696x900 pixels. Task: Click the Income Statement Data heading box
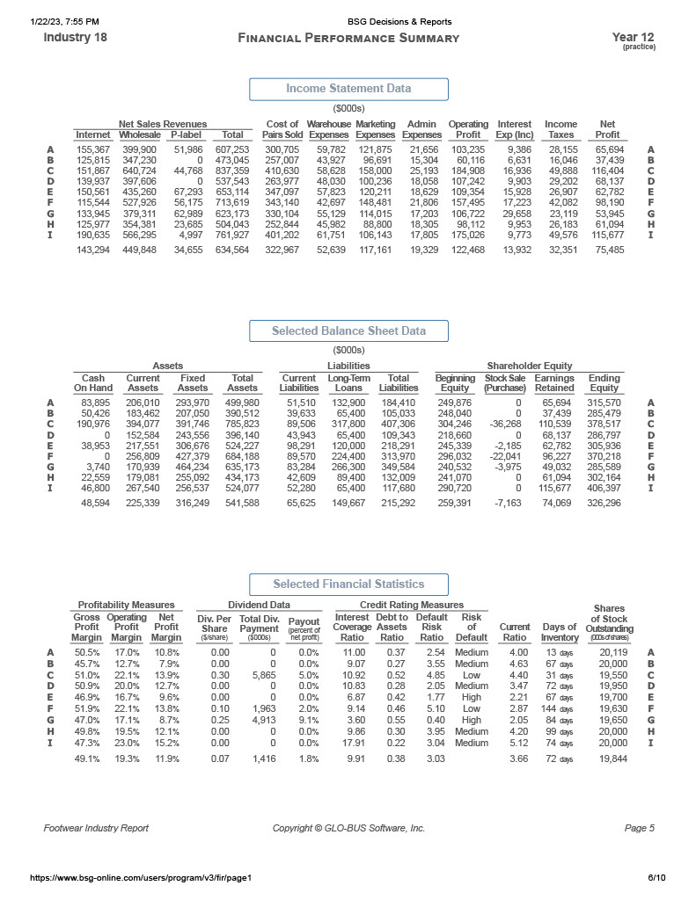tap(348, 89)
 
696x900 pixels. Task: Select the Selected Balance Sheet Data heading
tap(348, 331)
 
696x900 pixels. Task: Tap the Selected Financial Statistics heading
tap(348, 584)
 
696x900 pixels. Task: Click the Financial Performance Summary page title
tap(348, 38)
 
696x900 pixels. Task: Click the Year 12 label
tap(633, 37)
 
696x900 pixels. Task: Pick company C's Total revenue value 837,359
tap(232, 171)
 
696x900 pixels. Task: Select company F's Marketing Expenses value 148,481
tap(375, 202)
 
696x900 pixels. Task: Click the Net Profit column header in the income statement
tap(607, 129)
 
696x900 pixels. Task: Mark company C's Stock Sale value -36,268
tap(505, 422)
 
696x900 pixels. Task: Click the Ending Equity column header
tap(604, 382)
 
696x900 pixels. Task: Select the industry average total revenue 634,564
tap(232, 250)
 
